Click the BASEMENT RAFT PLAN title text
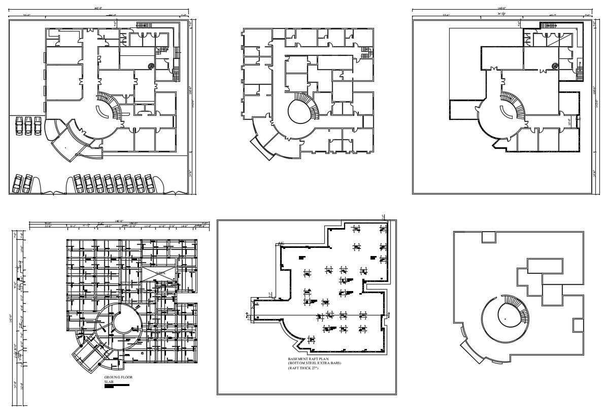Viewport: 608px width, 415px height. click(x=308, y=359)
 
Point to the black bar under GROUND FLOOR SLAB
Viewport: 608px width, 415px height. click(x=117, y=386)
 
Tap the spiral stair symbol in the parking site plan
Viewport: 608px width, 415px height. click(x=151, y=65)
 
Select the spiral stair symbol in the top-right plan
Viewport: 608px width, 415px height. click(x=555, y=66)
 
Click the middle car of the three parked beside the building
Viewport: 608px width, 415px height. click(x=28, y=126)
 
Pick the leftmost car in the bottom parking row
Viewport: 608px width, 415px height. click(x=17, y=184)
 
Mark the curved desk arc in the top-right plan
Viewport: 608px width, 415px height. click(x=504, y=111)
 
